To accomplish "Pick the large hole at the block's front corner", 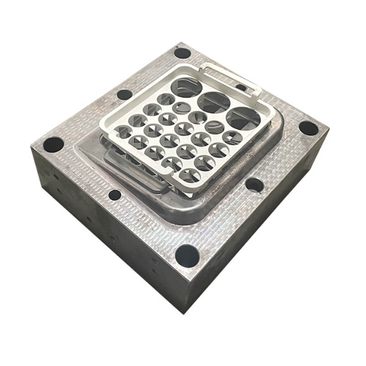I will [187, 255].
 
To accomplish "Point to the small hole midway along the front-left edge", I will [115, 195].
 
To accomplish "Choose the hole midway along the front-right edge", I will [254, 185].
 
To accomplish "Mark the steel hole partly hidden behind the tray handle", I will [241, 87].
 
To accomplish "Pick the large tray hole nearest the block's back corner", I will [187, 86].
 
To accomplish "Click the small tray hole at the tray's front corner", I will [190, 175].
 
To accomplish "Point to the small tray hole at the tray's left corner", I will [124, 132].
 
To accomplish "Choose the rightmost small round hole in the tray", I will [233, 137].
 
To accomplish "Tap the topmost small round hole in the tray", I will [166, 99].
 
